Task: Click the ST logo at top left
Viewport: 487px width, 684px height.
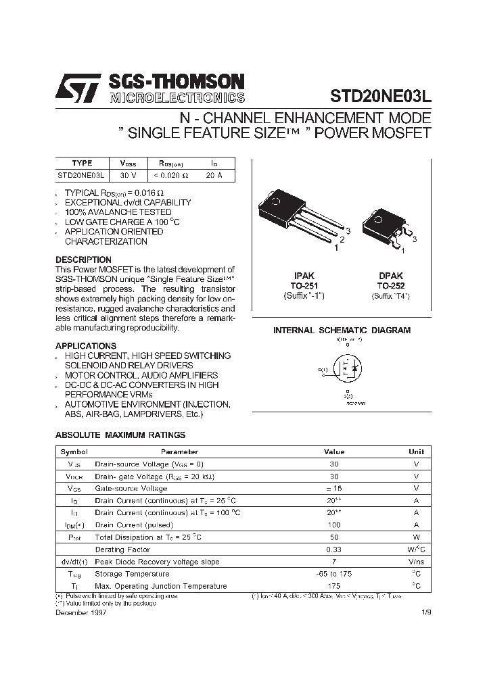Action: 76,88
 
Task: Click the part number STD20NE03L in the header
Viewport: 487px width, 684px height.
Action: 380,95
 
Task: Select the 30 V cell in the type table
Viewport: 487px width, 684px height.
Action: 128,175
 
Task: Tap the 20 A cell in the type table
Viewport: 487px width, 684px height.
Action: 213,175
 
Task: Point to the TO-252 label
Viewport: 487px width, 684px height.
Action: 390,286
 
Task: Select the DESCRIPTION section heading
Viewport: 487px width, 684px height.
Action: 83,260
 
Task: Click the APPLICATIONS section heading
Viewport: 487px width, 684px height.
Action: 86,346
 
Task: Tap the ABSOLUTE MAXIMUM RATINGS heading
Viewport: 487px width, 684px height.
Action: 120,435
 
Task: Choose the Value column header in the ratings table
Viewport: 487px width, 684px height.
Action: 334,451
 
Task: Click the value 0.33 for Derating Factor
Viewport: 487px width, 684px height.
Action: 334,549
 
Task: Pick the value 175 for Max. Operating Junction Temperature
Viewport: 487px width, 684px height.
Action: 334,586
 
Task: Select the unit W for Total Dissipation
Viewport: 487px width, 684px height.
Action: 417,537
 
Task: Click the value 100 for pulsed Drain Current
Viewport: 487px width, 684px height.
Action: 334,525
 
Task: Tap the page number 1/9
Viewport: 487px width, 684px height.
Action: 425,612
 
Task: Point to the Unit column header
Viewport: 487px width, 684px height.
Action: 417,451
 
